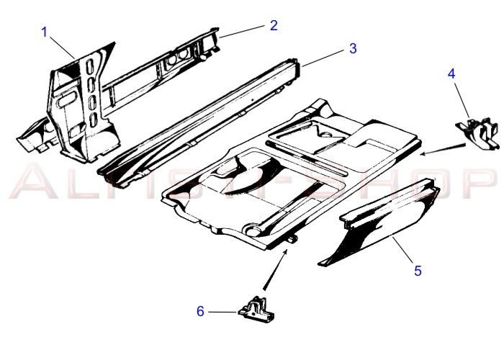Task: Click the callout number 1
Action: [45, 32]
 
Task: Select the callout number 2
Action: [274, 25]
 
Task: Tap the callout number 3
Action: [353, 48]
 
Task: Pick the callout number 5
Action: [418, 271]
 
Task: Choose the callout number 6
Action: [201, 311]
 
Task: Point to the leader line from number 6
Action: [223, 312]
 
